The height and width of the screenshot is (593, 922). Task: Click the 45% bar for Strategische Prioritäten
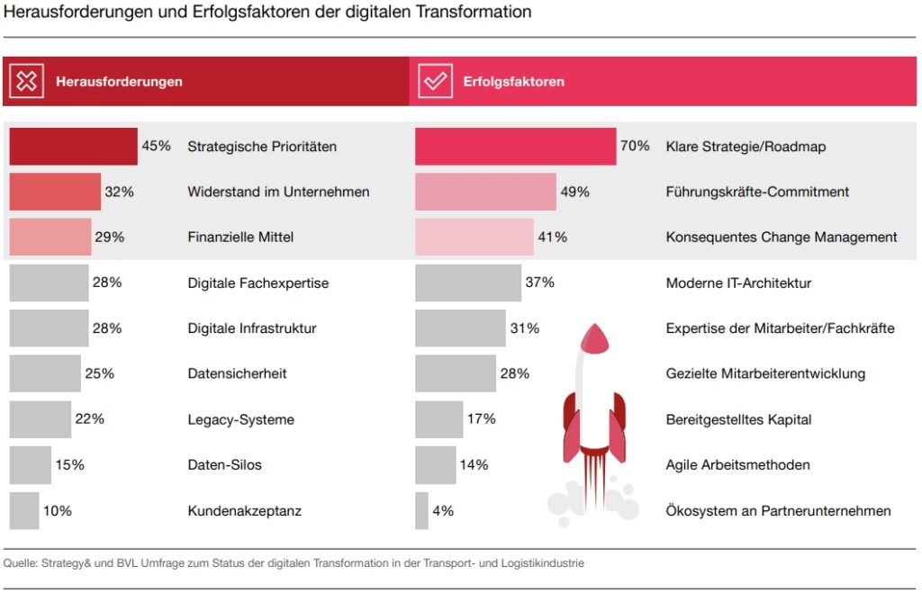tap(73, 146)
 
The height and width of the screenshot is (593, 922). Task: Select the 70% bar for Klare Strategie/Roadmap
tap(515, 146)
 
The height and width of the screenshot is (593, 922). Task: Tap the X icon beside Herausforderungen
tap(28, 81)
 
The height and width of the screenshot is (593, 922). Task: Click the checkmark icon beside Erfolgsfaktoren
tap(436, 81)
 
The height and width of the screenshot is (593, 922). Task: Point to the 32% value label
tap(119, 192)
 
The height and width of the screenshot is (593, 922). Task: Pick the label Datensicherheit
tap(237, 373)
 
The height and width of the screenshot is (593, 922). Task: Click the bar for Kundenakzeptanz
tap(24, 511)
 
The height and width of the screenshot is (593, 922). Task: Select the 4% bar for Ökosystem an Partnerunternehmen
tap(421, 511)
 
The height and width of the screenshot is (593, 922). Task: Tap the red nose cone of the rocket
tap(594, 338)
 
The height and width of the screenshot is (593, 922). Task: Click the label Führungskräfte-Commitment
tap(757, 192)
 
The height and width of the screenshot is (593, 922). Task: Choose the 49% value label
tap(574, 192)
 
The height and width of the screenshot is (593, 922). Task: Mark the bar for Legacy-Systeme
tap(41, 419)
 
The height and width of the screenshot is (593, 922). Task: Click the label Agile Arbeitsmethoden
tap(737, 465)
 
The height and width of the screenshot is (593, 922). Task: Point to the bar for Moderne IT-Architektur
tap(467, 283)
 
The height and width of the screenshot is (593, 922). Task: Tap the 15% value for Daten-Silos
tap(69, 465)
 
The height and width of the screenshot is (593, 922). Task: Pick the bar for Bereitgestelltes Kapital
tap(438, 419)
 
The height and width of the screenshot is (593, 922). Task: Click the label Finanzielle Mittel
tap(240, 238)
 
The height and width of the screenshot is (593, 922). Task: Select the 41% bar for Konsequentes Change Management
tap(474, 238)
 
